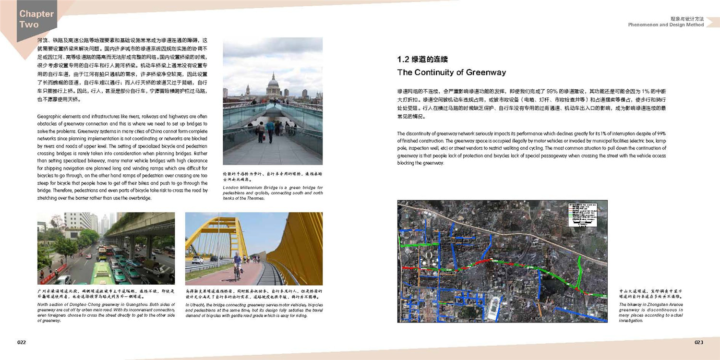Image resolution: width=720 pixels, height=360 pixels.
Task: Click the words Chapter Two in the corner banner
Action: (x=36, y=19)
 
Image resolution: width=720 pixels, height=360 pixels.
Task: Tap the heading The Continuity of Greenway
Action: (x=451, y=72)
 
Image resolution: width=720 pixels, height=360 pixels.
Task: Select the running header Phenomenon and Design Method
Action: (x=666, y=25)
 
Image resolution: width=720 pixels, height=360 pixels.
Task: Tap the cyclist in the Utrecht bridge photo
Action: (x=237, y=265)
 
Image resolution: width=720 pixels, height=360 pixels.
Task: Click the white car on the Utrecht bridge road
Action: (x=198, y=260)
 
